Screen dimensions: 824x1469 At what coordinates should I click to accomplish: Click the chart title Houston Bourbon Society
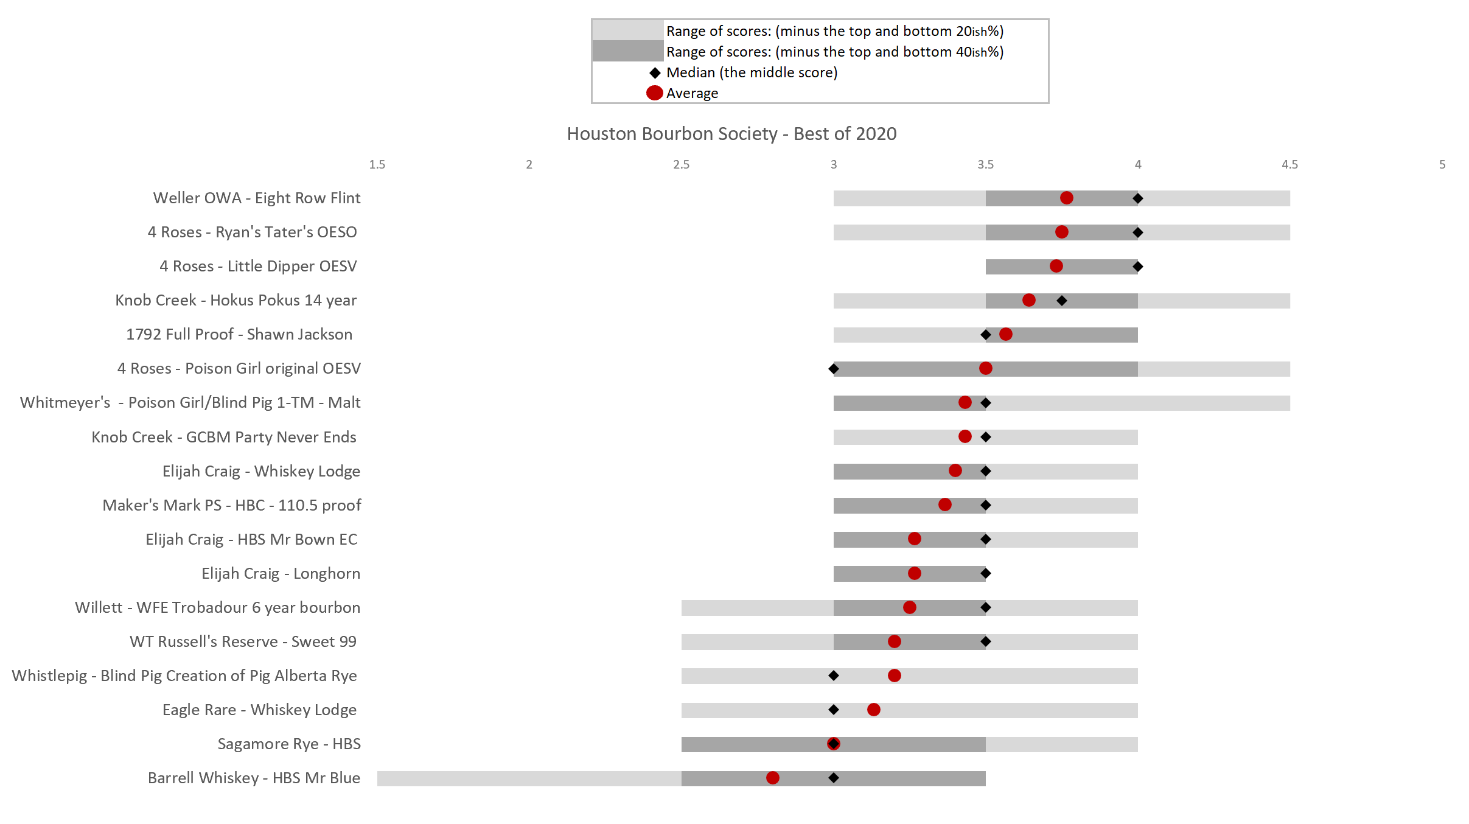tap(731, 134)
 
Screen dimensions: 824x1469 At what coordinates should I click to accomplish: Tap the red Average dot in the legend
tap(654, 93)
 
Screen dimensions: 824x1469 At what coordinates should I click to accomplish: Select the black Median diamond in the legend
tap(655, 73)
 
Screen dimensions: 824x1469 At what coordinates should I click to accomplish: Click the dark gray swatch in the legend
tap(627, 51)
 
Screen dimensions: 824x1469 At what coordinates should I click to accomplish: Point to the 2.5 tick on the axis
tap(681, 164)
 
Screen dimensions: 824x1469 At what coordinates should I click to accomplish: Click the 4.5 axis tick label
tap(1289, 164)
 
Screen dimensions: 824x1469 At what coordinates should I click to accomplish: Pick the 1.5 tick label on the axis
tap(377, 164)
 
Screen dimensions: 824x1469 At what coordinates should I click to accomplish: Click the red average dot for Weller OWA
tap(1066, 198)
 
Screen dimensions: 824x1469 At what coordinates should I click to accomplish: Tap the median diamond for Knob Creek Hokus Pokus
tap(1061, 301)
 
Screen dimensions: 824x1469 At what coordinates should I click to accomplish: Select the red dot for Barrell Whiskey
tap(772, 778)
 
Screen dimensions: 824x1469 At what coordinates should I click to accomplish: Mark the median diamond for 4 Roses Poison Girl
tap(834, 369)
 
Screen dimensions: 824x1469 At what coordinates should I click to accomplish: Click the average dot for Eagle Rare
tap(873, 710)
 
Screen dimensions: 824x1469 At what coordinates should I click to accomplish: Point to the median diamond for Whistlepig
tap(834, 676)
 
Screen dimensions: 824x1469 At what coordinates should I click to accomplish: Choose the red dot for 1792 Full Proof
tap(1005, 334)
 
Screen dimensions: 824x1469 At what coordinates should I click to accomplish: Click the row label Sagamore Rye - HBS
tap(289, 744)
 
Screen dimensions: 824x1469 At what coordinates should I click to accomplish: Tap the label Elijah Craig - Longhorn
tap(281, 573)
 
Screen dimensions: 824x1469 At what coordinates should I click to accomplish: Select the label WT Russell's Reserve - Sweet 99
tap(243, 641)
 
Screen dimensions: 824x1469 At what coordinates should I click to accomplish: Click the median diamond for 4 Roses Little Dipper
tap(1137, 267)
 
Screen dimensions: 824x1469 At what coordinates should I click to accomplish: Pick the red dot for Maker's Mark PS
tap(944, 505)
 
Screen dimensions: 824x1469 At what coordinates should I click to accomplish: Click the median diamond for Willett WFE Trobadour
tap(986, 607)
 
